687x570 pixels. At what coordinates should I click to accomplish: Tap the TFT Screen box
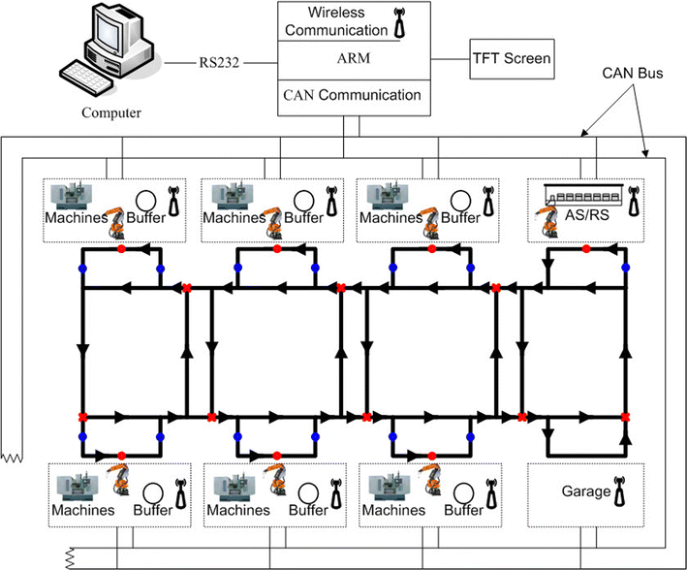click(x=511, y=59)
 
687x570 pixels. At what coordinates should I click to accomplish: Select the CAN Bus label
click(x=632, y=72)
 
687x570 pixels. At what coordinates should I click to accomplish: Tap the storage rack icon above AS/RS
click(x=578, y=194)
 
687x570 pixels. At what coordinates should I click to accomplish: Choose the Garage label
click(x=585, y=491)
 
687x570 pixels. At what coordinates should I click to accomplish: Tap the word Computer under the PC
click(x=109, y=113)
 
